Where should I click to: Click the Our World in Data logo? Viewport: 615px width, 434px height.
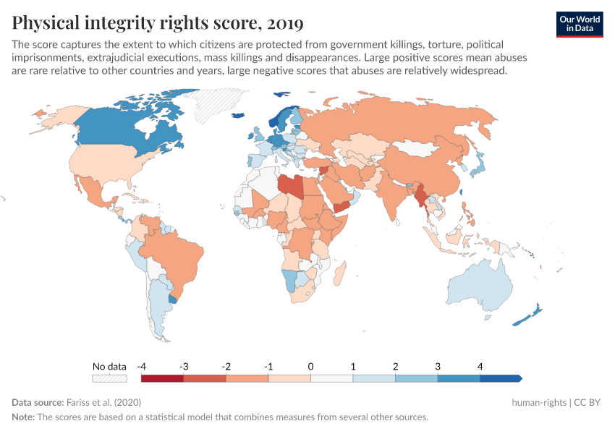tap(579, 23)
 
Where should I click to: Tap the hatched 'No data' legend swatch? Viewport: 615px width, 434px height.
tap(109, 378)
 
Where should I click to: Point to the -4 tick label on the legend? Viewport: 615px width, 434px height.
tap(142, 366)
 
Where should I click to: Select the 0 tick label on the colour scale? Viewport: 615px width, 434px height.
tap(310, 366)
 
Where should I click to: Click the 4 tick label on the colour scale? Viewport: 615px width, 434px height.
tap(480, 366)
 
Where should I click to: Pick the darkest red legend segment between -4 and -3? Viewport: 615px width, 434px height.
tap(163, 378)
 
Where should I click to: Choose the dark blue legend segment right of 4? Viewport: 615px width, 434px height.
tap(500, 378)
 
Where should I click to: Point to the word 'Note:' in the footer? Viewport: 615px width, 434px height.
tap(25, 417)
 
